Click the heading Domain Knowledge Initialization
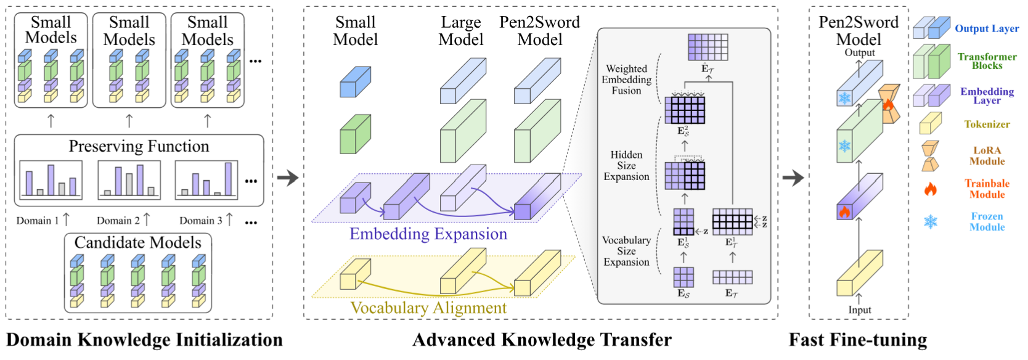coord(144,340)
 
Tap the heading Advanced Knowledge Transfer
coord(542,340)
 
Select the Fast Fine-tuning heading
coord(858,340)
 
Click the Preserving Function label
coord(139,146)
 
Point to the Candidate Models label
coord(137,242)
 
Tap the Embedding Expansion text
coord(428,234)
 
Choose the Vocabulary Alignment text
coord(428,308)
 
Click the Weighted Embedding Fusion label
coord(626,80)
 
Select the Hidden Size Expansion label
coord(626,165)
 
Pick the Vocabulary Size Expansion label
coord(626,251)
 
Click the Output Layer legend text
coord(987,28)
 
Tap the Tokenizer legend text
coord(987,124)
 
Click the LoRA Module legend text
coord(987,155)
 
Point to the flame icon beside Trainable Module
coord(931,189)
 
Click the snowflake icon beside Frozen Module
coord(931,221)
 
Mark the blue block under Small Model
coord(355,83)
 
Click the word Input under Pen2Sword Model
coord(859,310)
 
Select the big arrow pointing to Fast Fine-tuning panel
coord(793,178)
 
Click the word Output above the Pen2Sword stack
coord(859,52)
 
